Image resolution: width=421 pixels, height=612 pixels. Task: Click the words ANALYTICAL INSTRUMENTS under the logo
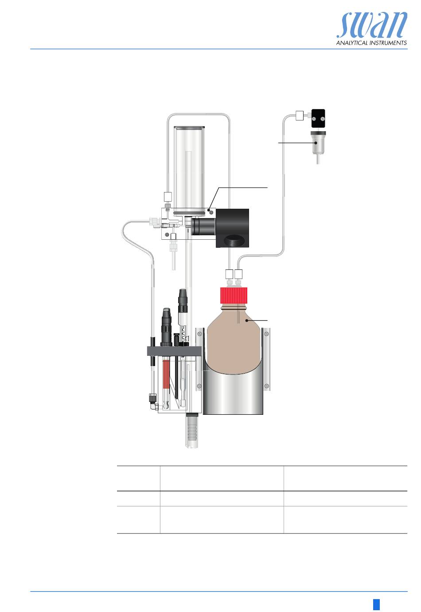pyautogui.click(x=371, y=43)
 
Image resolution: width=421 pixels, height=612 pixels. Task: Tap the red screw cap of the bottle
pyautogui.click(x=234, y=295)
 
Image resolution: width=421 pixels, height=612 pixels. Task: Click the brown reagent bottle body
pyautogui.click(x=234, y=340)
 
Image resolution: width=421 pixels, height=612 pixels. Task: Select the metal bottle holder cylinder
pyautogui.click(x=233, y=394)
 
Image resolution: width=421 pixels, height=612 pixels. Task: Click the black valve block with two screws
pyautogui.click(x=318, y=118)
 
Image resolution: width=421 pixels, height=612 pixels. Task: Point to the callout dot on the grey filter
pyautogui.click(x=316, y=143)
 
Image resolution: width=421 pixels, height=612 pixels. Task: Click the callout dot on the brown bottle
pyautogui.click(x=246, y=320)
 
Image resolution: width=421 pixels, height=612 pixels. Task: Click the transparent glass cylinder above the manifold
pyautogui.click(x=189, y=169)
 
